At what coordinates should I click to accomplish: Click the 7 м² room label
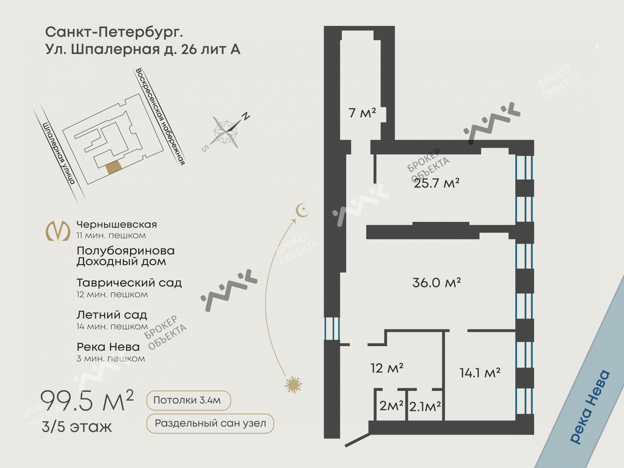[362, 113]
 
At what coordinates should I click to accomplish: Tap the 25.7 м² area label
[436, 183]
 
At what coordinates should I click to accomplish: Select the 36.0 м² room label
[436, 283]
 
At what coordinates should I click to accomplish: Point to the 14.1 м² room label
[480, 373]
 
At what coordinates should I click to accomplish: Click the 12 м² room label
[387, 368]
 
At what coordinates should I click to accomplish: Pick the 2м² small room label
[391, 406]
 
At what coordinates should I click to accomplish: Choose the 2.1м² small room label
[425, 406]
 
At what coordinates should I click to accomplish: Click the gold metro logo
[58, 231]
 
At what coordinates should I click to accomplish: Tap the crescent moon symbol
[302, 210]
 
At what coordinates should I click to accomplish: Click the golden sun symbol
[293, 385]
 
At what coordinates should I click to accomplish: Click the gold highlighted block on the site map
[114, 167]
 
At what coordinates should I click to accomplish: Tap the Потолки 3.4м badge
[188, 400]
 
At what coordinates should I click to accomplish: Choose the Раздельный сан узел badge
[210, 423]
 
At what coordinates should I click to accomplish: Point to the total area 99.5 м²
[87, 401]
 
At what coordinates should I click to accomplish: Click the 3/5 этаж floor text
[77, 427]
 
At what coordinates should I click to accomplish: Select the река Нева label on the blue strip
[590, 406]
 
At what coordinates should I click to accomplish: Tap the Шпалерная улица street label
[58, 153]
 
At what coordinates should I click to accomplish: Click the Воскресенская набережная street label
[160, 117]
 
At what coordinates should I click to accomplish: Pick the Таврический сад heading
[129, 283]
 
